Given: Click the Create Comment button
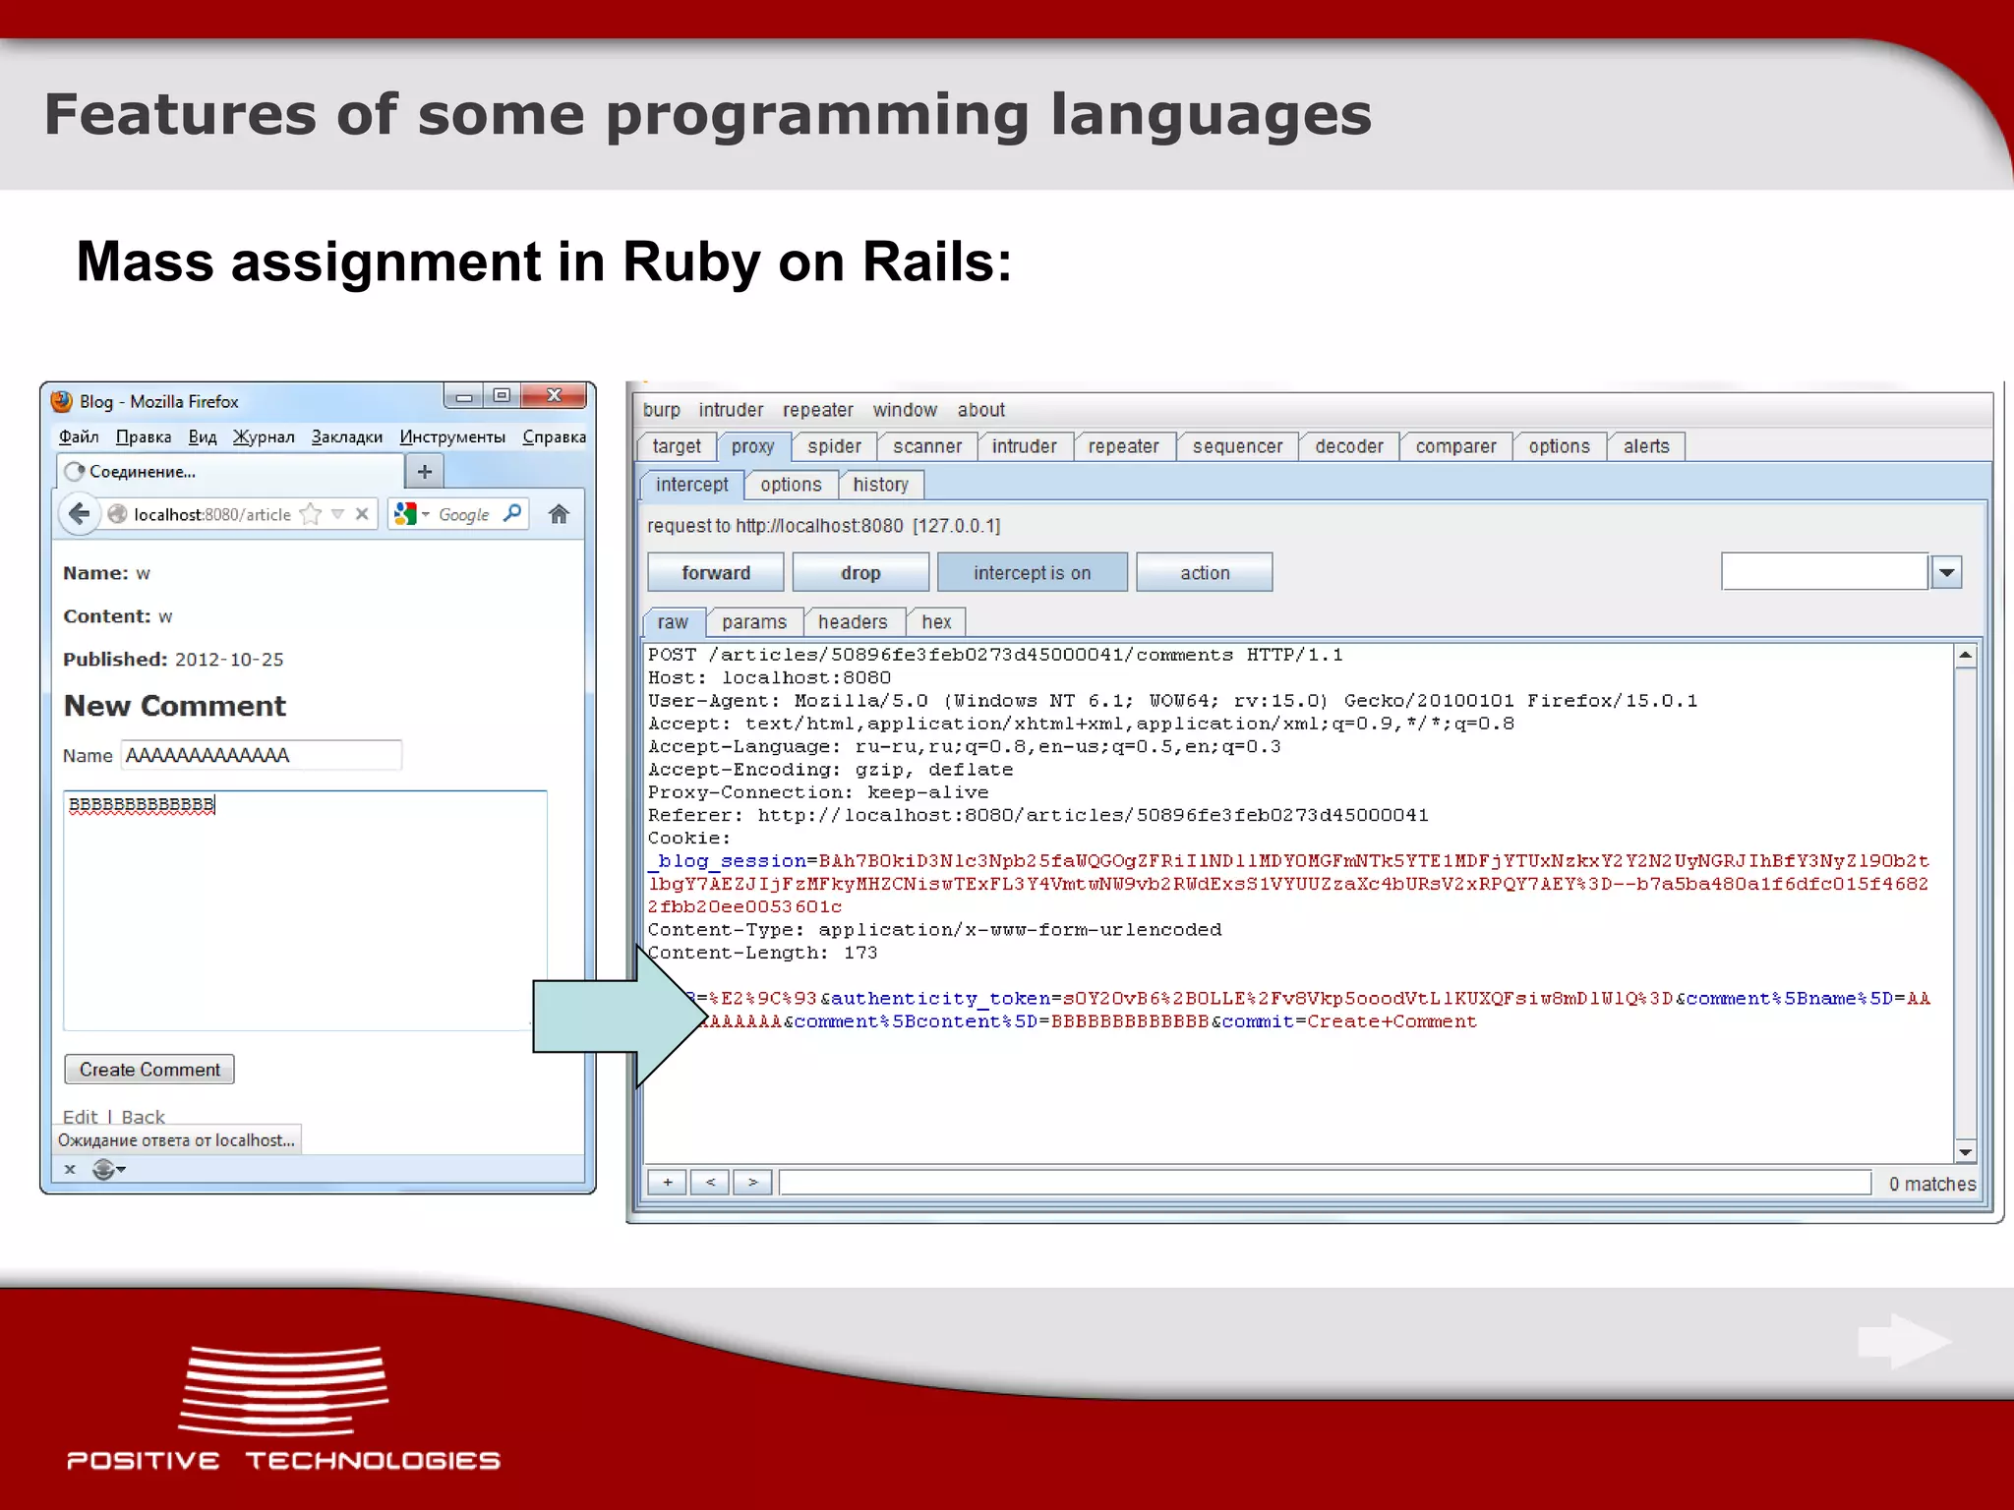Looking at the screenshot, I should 149,1070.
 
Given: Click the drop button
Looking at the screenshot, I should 860,573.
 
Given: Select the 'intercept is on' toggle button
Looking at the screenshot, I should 1032,573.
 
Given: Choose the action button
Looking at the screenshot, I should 1204,573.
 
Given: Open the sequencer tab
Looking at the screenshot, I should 1237,446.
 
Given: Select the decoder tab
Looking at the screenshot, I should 1348,446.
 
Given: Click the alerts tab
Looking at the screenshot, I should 1645,446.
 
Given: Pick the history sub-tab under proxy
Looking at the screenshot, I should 880,485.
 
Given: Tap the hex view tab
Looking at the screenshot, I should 936,622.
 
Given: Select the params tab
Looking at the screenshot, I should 753,622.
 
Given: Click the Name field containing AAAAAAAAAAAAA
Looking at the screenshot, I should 261,755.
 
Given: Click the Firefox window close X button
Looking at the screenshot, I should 554,395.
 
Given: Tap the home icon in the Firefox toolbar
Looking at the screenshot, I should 559,514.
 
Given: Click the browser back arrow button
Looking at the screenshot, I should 80,514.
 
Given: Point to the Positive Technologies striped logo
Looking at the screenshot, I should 283,1389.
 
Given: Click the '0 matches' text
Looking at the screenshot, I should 1931,1185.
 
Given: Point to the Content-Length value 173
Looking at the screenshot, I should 860,954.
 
